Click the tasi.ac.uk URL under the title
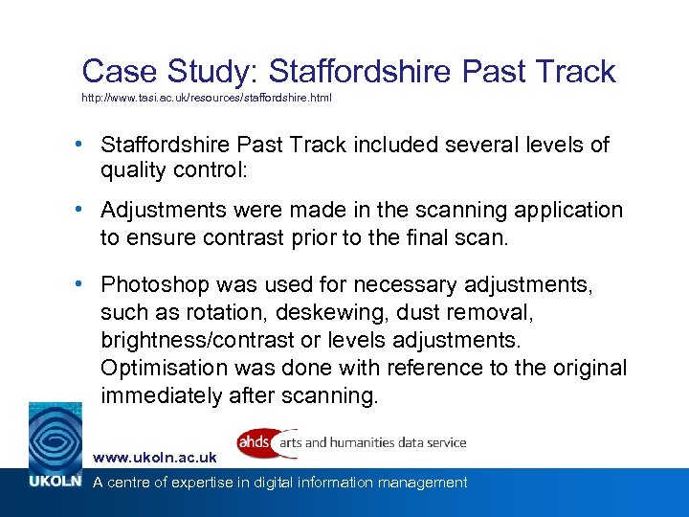point(207,99)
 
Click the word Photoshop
point(156,284)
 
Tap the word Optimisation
point(167,368)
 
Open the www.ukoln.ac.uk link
point(154,458)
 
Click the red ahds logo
point(254,442)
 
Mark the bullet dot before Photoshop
point(86,284)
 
